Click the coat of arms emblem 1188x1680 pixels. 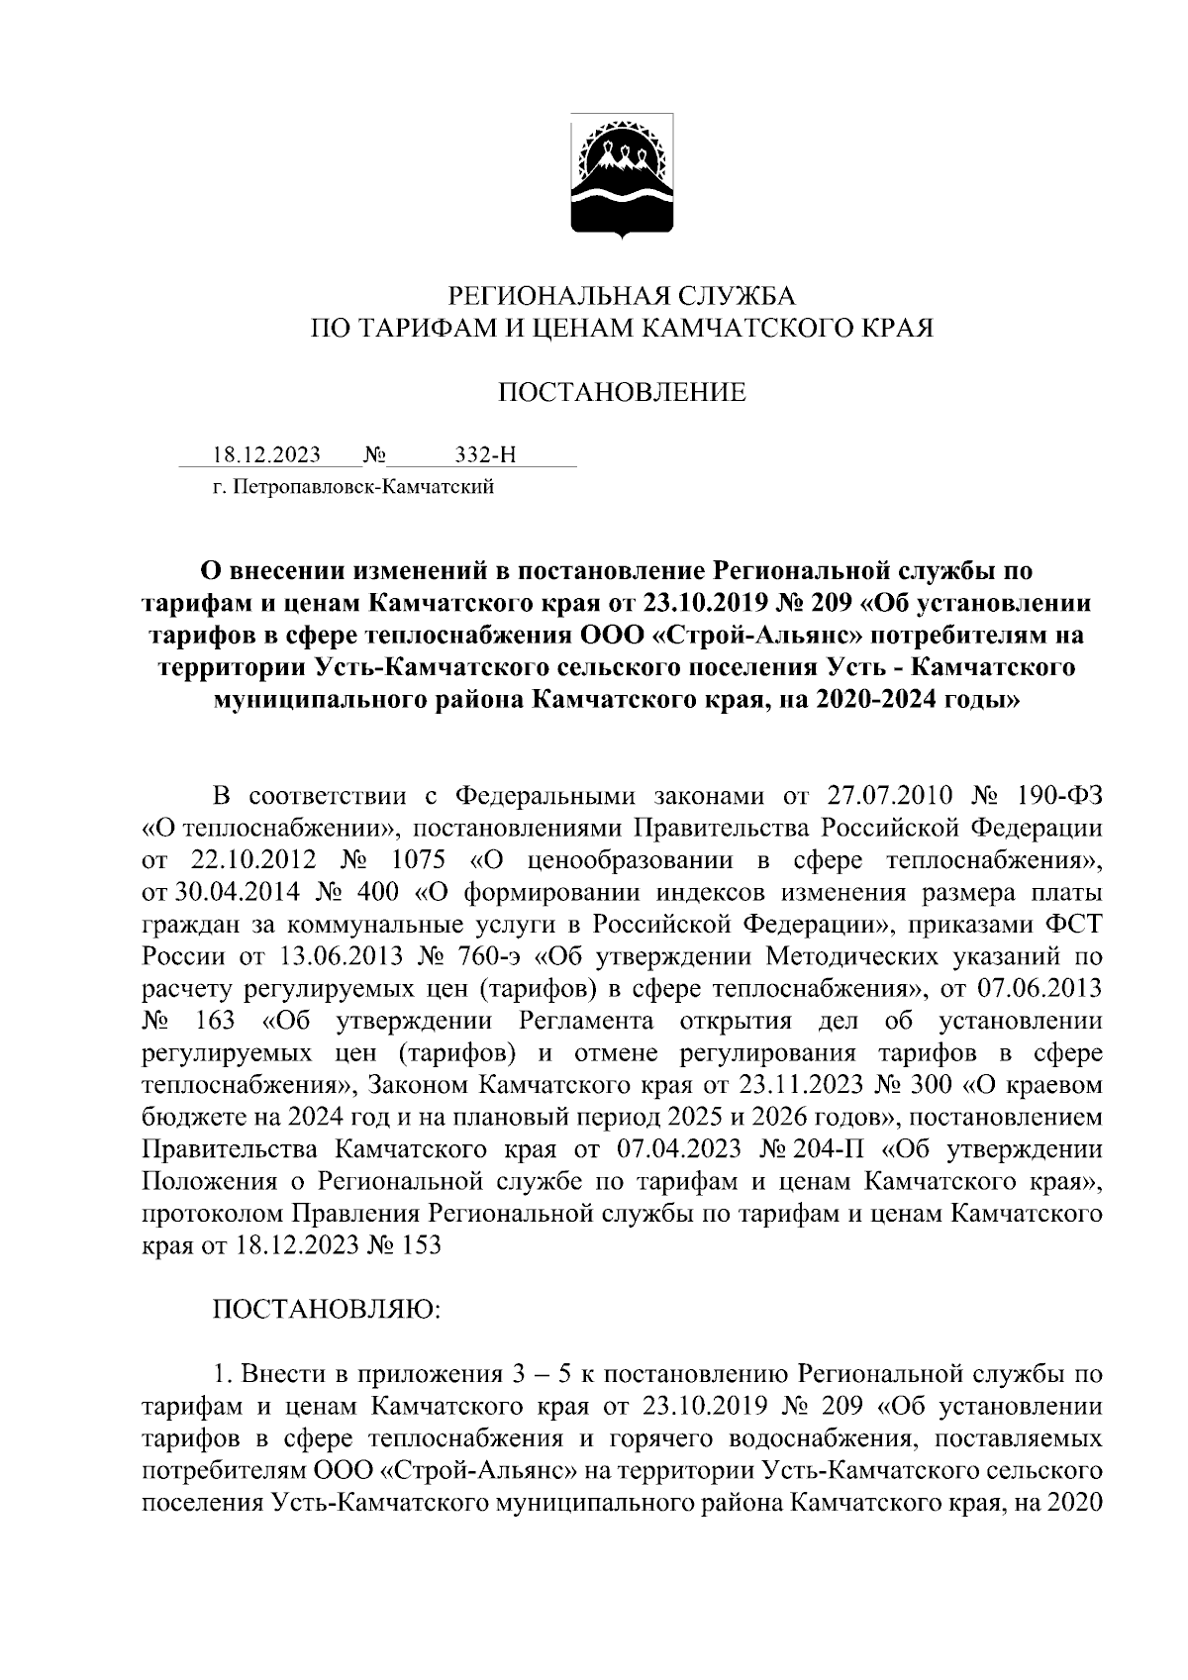click(622, 177)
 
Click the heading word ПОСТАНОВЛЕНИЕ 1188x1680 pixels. click(621, 393)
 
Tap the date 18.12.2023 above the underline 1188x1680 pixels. click(266, 454)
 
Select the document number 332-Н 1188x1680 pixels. click(485, 454)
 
